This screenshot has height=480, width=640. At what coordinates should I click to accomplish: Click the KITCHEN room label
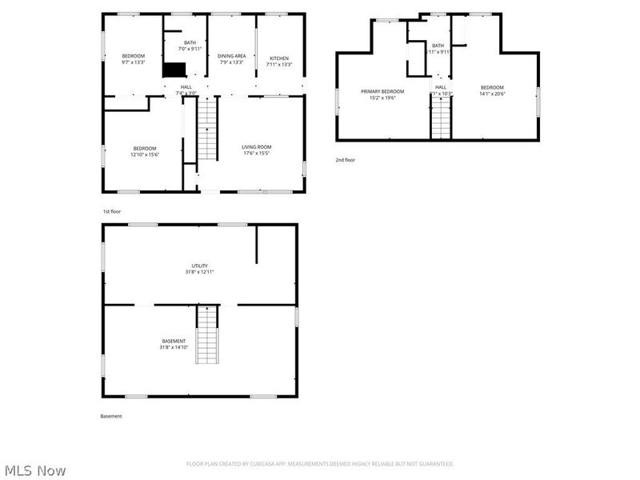(279, 58)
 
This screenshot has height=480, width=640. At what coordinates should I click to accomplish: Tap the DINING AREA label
(231, 56)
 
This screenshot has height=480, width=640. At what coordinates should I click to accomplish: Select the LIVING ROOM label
(257, 147)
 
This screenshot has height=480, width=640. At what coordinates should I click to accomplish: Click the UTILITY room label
(199, 266)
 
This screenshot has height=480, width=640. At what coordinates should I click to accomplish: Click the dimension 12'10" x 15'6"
(145, 154)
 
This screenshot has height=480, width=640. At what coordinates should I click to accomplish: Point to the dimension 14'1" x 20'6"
(492, 94)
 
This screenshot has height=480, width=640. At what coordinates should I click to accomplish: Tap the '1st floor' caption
(111, 211)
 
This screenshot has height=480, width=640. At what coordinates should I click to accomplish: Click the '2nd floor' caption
(345, 160)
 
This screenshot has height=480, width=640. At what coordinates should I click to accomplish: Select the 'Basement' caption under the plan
(111, 416)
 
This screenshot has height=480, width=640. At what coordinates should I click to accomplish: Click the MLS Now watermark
(35, 470)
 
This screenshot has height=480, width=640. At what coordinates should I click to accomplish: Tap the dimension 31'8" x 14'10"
(174, 347)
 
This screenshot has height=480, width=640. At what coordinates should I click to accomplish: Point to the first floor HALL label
(186, 87)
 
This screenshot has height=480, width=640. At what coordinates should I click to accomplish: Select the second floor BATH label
(438, 46)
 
